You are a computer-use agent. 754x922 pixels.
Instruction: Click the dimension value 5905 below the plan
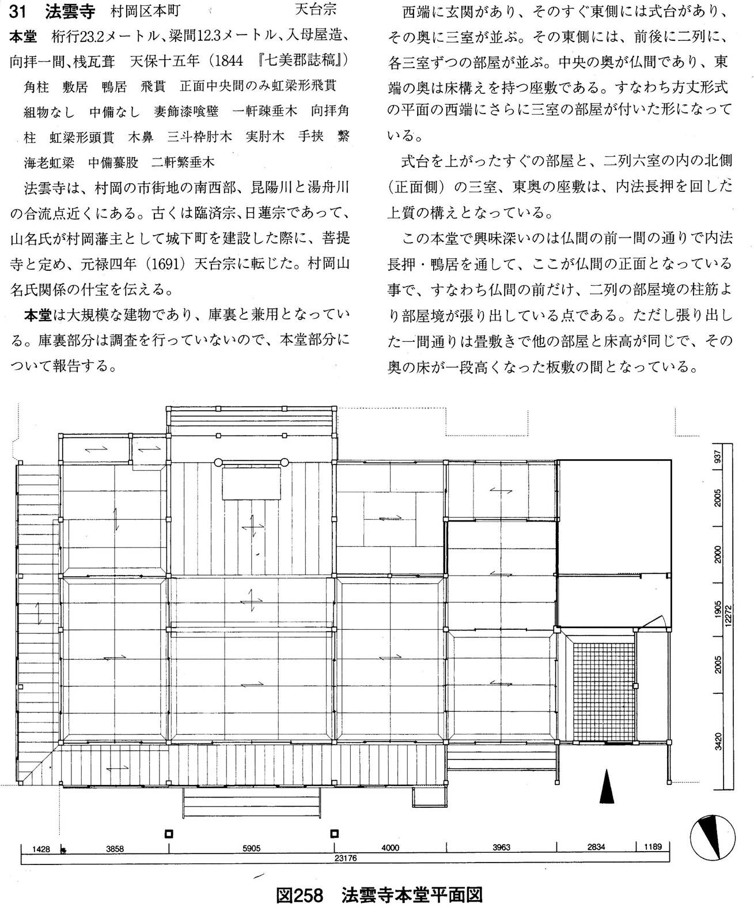click(x=251, y=848)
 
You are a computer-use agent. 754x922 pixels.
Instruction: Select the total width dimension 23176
click(x=345, y=858)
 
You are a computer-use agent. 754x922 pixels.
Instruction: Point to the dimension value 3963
click(x=501, y=848)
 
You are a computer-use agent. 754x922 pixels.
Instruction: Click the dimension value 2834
click(x=596, y=847)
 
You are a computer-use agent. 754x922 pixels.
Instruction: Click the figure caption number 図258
click(x=301, y=895)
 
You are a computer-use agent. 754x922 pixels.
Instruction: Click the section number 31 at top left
click(x=18, y=11)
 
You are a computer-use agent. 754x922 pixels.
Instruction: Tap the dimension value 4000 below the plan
click(x=390, y=848)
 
